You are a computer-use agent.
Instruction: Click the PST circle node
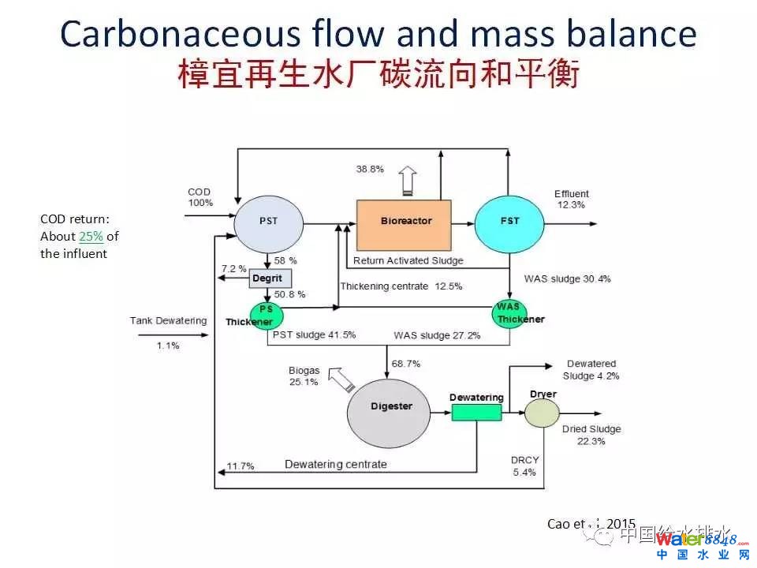(x=269, y=221)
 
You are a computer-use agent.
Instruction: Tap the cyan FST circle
(x=509, y=221)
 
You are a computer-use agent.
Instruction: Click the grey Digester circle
(x=391, y=406)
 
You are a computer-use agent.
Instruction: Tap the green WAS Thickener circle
(x=509, y=313)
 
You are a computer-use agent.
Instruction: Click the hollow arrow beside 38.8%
(x=407, y=180)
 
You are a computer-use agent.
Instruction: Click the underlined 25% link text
(x=91, y=237)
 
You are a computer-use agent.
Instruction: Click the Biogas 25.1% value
(x=304, y=382)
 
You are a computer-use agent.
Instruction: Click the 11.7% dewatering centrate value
(x=241, y=465)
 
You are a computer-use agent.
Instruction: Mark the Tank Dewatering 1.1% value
(x=167, y=346)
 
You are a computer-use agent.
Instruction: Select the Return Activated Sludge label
(x=408, y=260)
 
